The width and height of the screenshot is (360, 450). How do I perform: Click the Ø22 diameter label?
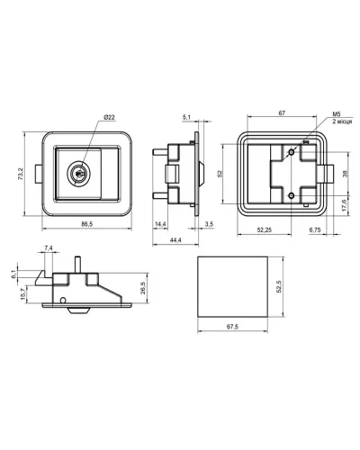[110, 118]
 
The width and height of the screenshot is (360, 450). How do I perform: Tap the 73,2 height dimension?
[21, 174]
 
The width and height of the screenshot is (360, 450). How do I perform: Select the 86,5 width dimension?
[87, 224]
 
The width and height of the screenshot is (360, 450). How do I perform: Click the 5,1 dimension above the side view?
[186, 117]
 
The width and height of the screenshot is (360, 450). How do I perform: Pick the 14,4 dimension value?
[160, 224]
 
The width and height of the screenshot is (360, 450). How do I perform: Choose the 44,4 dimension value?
[175, 239]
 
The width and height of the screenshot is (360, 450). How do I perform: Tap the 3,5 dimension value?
[209, 224]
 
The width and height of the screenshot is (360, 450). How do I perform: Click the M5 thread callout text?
[337, 114]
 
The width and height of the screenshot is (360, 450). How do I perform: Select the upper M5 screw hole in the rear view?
[291, 152]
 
